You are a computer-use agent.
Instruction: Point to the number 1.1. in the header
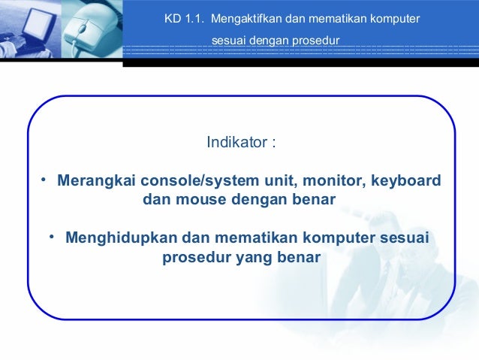(193, 17)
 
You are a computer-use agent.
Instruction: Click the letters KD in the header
(172, 17)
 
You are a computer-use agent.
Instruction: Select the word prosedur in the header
(315, 38)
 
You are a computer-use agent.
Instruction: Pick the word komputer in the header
(393, 17)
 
